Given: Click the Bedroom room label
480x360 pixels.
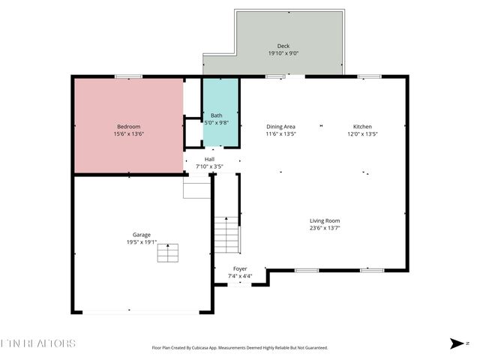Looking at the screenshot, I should (128, 127).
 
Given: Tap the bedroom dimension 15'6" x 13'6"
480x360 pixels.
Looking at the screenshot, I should (128, 134).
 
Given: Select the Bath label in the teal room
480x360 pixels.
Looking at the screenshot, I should (216, 115).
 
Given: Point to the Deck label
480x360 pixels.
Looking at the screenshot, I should (283, 46).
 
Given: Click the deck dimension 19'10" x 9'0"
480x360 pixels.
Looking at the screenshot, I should (283, 53).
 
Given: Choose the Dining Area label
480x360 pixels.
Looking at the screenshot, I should (281, 127).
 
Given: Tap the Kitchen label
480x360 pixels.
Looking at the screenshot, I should (362, 127).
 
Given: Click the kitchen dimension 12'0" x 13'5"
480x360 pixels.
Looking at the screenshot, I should (362, 134).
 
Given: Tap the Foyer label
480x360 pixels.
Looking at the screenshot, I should (240, 268).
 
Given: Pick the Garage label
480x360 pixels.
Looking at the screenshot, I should (142, 234).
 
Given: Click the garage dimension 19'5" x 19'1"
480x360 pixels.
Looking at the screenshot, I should (142, 241).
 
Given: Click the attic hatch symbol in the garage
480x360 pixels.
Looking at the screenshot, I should (168, 253).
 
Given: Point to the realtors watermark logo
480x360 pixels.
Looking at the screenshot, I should (38, 343).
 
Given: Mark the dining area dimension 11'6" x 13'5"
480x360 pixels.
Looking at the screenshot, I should (281, 134).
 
